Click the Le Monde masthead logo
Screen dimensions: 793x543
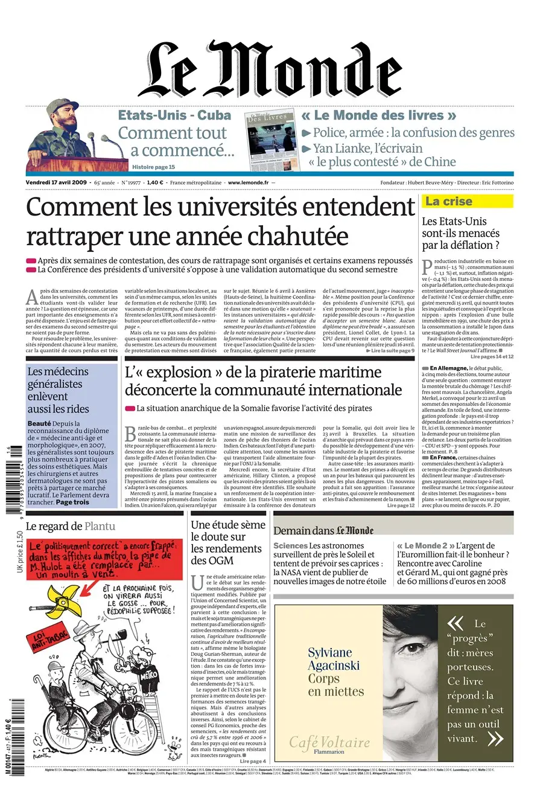coord(271,69)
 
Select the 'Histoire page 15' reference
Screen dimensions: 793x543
coord(153,167)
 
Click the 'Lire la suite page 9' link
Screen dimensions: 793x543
coord(392,350)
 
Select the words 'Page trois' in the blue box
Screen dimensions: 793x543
coord(72,502)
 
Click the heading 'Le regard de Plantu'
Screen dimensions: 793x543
coord(70,526)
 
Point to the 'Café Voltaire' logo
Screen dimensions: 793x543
coord(329,742)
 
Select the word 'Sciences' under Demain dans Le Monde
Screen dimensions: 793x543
coord(290,545)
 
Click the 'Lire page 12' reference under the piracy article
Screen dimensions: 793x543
coord(401,505)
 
